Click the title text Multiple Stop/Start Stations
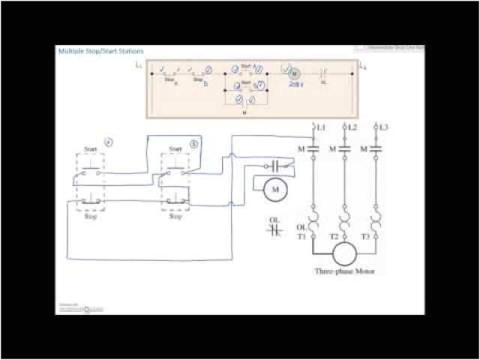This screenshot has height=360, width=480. coord(101,51)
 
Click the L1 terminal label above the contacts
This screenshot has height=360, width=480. coord(321,127)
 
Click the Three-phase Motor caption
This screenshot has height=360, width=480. coord(344,271)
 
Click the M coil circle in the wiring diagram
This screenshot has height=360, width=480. coord(274,189)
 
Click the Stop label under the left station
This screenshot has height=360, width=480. coord(91,216)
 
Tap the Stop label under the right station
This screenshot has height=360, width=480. coord(175,216)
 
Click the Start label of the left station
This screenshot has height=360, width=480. coord(90,149)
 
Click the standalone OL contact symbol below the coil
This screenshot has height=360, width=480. coord(274,227)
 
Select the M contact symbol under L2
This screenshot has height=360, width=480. coord(344,148)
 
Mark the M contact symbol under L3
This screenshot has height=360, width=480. coord(376,148)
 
